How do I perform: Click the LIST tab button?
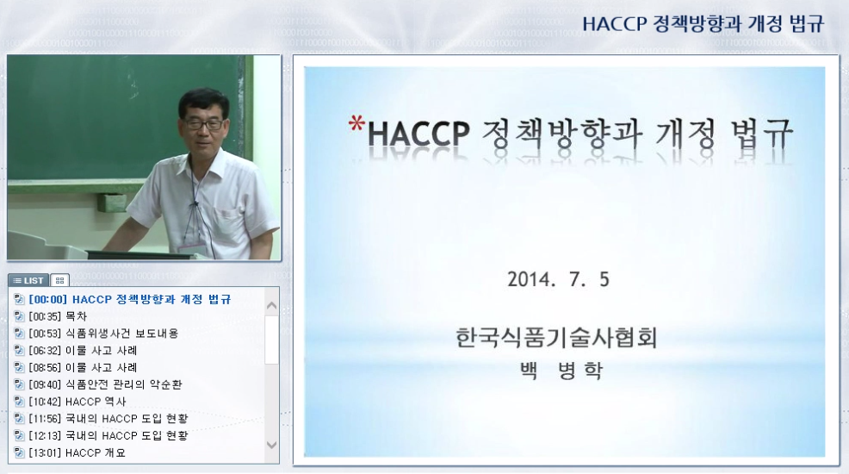coord(28,280)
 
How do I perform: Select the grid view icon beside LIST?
coord(59,280)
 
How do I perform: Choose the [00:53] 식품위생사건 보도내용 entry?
coord(103,334)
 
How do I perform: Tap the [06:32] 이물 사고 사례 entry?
coord(83,351)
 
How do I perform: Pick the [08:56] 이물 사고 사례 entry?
coord(83,367)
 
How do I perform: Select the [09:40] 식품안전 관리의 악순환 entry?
coord(106,384)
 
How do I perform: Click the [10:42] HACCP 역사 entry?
coord(77,402)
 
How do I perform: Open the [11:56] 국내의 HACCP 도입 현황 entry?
coord(108,419)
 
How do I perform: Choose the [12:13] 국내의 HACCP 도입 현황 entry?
coord(108,435)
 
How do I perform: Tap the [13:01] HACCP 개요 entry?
coord(77,452)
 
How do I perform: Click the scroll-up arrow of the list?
coord(272,306)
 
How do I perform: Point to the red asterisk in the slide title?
coord(356,124)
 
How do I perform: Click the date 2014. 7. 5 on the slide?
coord(558,279)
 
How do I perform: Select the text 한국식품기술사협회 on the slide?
coord(556,338)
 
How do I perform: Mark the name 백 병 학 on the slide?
coord(561,371)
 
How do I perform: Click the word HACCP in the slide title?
coord(418,134)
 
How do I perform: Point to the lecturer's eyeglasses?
coord(204,124)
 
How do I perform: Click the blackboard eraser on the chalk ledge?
coord(112,203)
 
